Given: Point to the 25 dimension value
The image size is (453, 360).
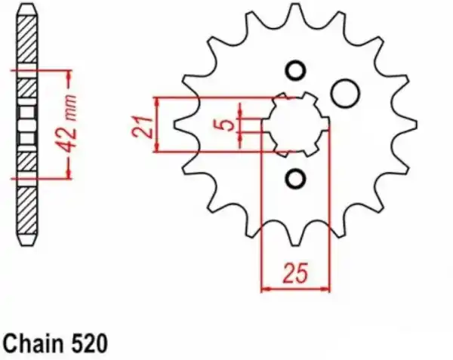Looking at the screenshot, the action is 295,272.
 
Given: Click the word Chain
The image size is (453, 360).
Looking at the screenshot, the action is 33,343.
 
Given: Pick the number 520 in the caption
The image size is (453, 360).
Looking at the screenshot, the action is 90,343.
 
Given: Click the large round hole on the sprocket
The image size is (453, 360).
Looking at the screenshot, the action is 345,94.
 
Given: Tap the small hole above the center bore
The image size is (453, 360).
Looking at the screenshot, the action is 295,71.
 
